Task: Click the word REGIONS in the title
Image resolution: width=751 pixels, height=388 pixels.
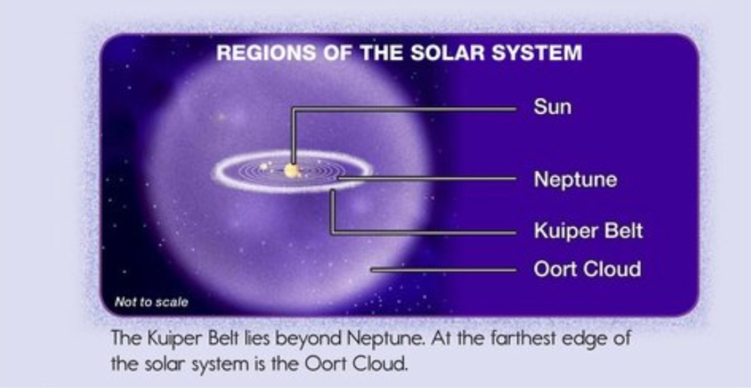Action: (266, 53)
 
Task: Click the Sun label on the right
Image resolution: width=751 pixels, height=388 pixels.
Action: (552, 107)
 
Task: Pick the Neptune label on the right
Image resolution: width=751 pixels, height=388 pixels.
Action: (575, 180)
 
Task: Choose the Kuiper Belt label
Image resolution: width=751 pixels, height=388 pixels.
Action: (588, 230)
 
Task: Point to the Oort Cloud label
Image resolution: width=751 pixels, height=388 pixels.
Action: (587, 269)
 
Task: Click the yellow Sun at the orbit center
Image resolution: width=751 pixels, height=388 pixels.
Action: (291, 170)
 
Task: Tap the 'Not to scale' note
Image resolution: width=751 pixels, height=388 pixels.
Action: (151, 302)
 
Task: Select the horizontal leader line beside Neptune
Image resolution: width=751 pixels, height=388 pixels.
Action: (427, 179)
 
